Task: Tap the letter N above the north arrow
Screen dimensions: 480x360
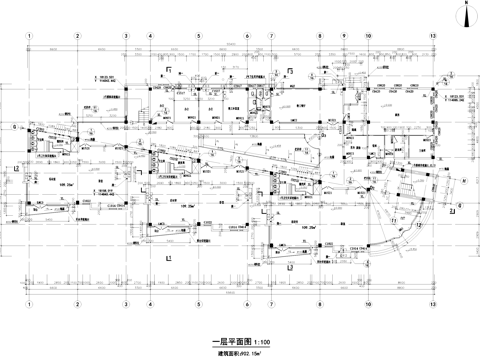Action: click(467, 4)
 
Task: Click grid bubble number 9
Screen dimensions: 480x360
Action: click(343, 35)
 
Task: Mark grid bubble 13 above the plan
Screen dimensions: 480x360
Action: click(433, 35)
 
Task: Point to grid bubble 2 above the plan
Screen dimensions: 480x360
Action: click(78, 35)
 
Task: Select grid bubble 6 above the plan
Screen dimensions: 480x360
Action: click(245, 35)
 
